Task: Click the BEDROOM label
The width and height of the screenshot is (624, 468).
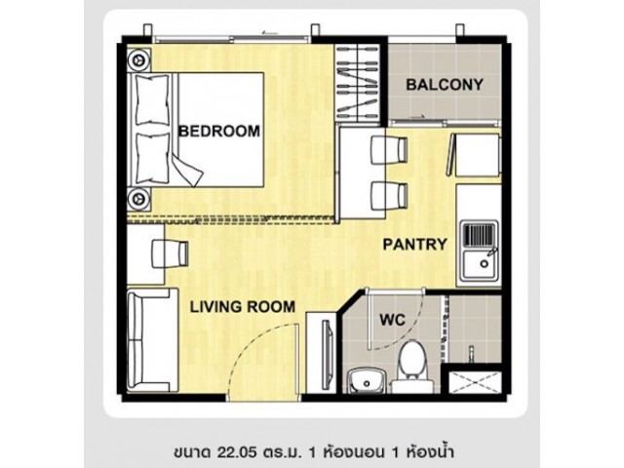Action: [219, 131]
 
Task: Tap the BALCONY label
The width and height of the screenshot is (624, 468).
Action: [445, 85]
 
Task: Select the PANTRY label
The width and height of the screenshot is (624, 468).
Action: [415, 244]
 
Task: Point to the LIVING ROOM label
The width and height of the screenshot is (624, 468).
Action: [243, 307]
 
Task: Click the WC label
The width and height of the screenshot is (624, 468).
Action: [392, 320]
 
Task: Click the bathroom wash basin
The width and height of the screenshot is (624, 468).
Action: [367, 381]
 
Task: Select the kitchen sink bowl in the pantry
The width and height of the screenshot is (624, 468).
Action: [481, 263]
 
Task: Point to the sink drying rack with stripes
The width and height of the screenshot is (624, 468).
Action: [480, 235]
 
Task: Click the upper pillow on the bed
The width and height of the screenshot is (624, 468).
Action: [152, 99]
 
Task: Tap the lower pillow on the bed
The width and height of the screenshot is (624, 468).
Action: [152, 158]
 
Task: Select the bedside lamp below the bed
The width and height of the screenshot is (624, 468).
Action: [138, 198]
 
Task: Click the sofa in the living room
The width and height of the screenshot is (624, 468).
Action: [152, 340]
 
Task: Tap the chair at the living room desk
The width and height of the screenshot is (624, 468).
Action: [171, 253]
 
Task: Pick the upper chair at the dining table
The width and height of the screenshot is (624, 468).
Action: [389, 150]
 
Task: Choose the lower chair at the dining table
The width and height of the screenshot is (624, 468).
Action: [389, 196]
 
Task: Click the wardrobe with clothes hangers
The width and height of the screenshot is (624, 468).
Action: [357, 83]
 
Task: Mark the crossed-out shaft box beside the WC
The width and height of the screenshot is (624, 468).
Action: [475, 382]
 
